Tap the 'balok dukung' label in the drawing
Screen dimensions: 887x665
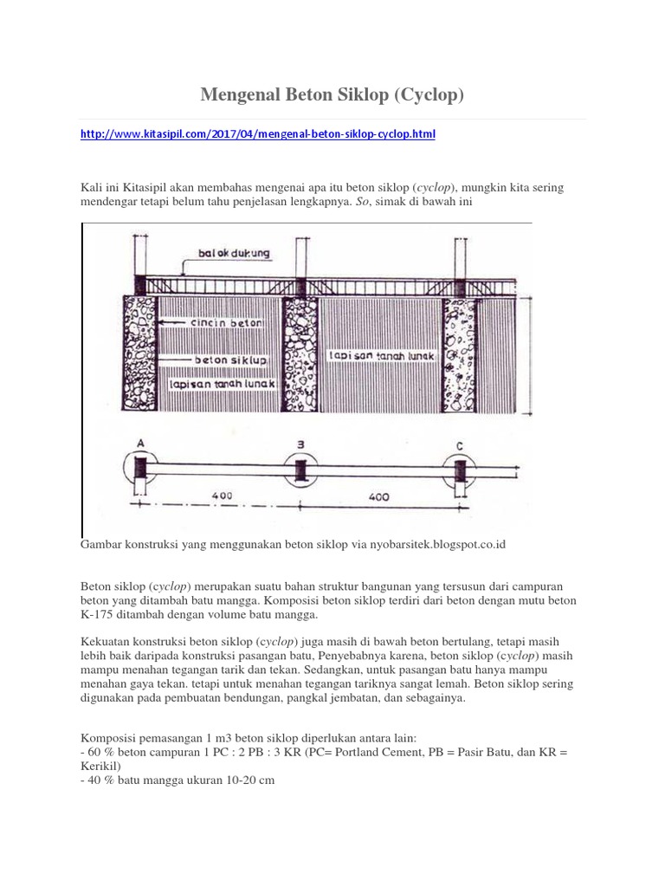233,254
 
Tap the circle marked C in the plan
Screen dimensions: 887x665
460,471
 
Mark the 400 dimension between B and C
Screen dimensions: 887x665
378,498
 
